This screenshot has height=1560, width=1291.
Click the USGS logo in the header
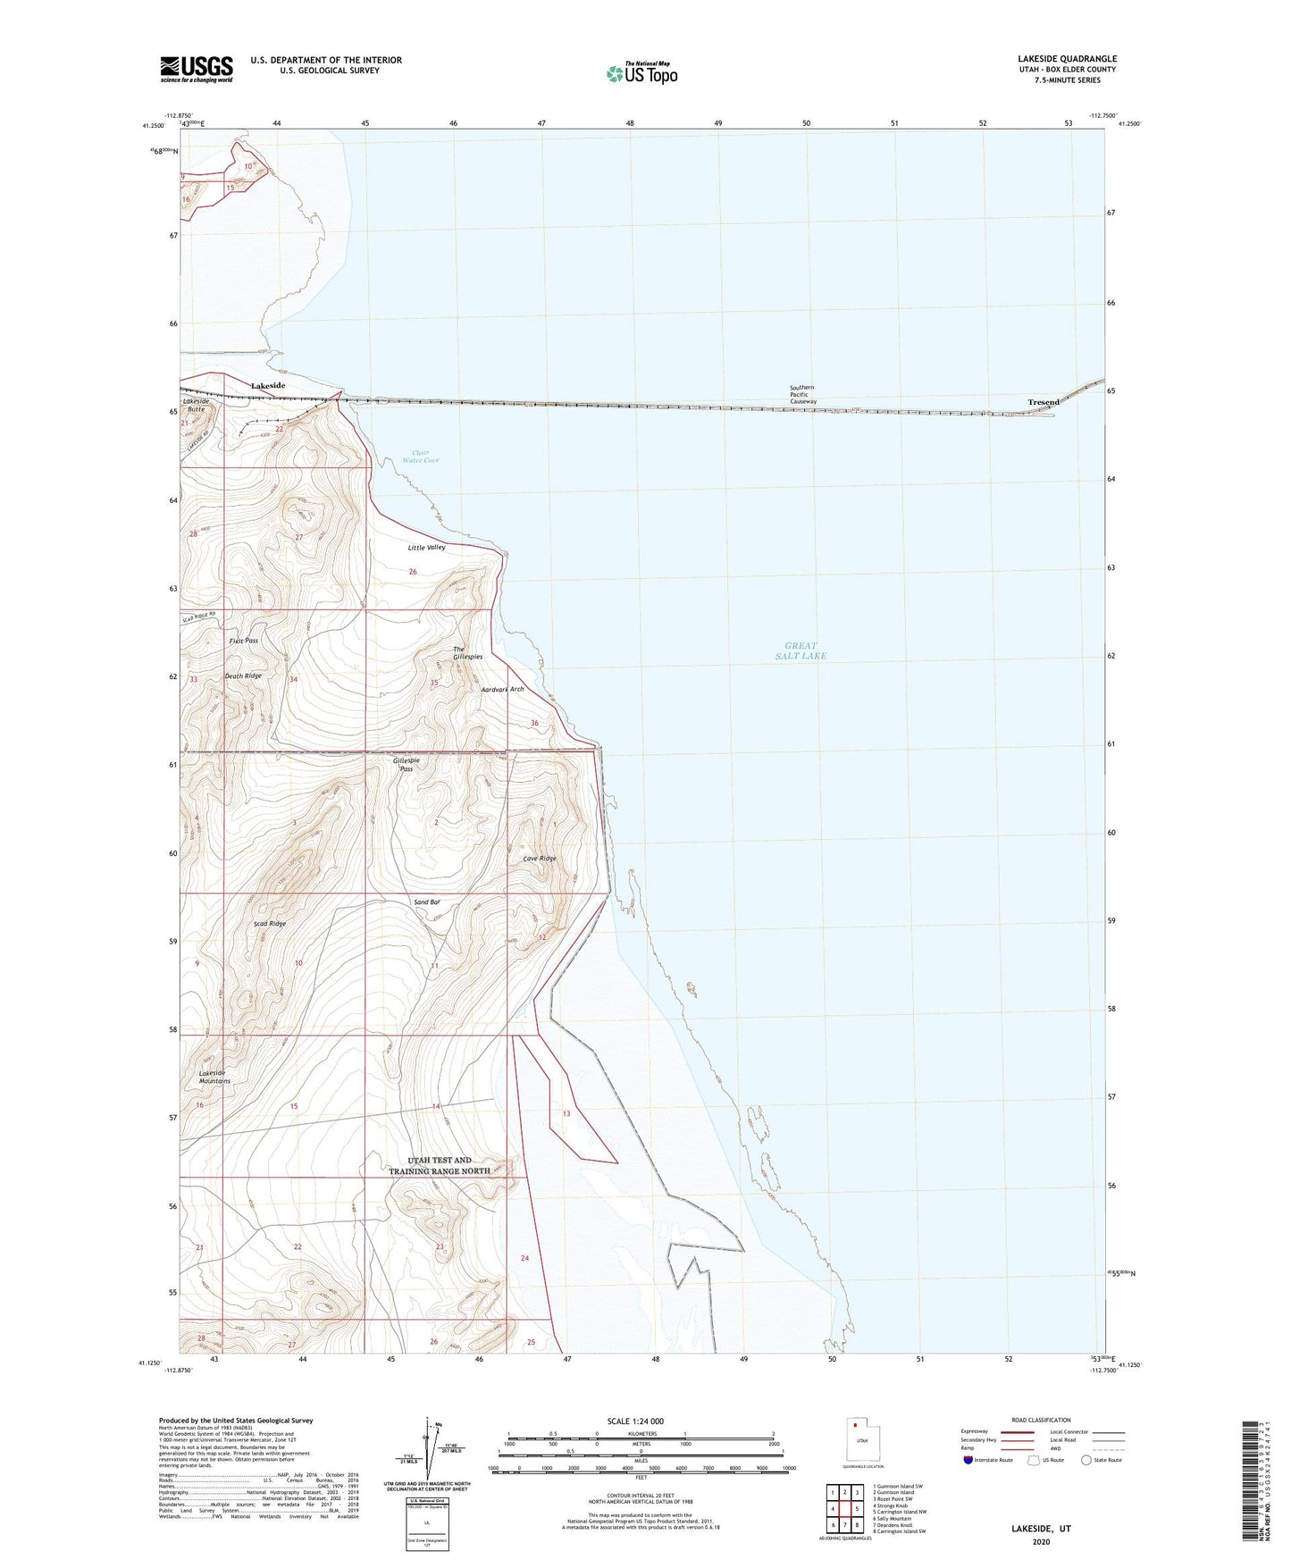(197, 68)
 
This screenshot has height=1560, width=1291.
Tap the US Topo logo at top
(641, 72)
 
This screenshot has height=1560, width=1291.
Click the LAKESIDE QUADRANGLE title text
(1066, 59)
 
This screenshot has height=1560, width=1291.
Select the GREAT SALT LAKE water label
(801, 650)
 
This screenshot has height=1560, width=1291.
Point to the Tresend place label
(1043, 402)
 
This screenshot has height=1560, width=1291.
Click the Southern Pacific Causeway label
(802, 395)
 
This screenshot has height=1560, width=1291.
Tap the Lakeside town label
(268, 385)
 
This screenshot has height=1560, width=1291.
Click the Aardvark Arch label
(502, 690)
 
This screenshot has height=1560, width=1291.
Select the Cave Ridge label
(540, 859)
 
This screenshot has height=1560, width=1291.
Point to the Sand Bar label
(427, 902)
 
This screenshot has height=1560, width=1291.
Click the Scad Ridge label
(270, 923)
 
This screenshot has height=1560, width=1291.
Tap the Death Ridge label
(243, 676)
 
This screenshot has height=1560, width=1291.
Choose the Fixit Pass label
(243, 641)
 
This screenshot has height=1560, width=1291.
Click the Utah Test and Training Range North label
(439, 1165)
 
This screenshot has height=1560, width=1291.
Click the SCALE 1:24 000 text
(635, 1421)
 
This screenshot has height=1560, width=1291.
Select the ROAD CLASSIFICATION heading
(1041, 1420)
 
